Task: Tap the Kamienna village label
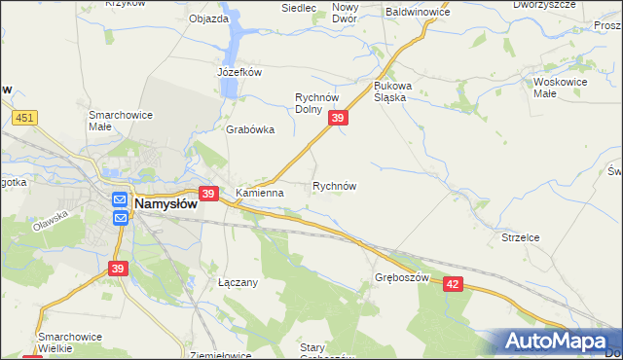coord(259,193)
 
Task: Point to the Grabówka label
coord(250,129)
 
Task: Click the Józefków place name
coord(239,72)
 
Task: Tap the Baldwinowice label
coord(418,13)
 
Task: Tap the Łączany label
coord(237,282)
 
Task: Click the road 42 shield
coord(453,282)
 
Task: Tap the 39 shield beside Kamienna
coord(207,194)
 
